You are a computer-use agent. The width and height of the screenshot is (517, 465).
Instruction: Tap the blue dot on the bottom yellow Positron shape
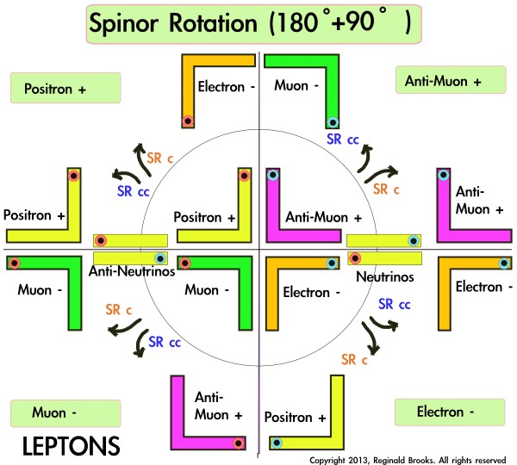tap(277, 443)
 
